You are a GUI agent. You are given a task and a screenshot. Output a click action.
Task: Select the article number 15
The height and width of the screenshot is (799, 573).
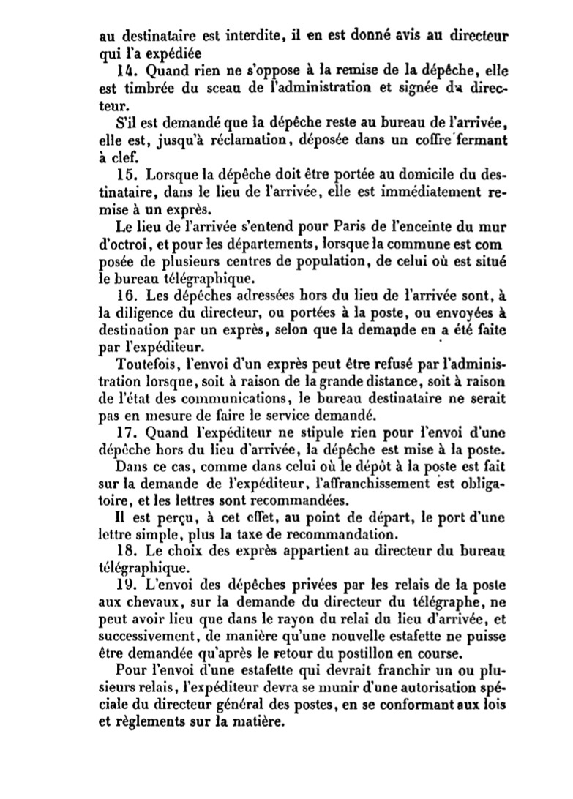tap(125, 176)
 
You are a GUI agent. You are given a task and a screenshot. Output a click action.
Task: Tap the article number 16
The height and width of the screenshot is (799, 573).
tap(125, 296)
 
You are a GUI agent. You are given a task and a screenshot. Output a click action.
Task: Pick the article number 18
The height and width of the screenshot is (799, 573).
tap(125, 551)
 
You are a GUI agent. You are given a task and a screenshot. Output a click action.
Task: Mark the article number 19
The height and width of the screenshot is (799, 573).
tap(125, 585)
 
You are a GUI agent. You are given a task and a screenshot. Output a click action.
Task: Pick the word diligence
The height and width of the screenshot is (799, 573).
tap(142, 312)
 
